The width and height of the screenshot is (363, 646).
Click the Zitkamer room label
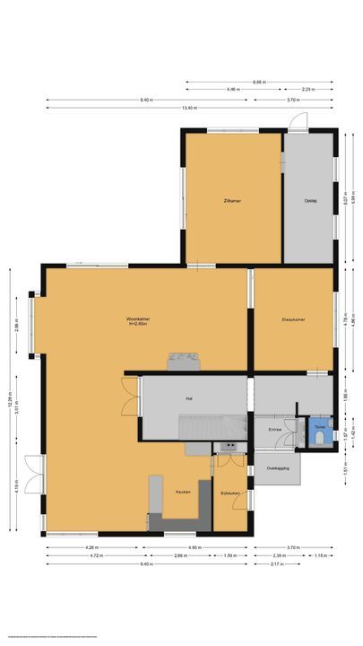click(232, 200)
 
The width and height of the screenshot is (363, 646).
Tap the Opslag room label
click(310, 200)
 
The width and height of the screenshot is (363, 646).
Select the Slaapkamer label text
click(294, 318)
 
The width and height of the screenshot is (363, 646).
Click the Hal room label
click(189, 397)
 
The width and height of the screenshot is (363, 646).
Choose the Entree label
click(274, 430)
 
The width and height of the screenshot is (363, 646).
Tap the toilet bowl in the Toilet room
click(320, 427)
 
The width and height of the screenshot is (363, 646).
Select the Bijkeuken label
click(229, 493)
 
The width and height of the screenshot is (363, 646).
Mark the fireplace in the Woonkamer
click(184, 360)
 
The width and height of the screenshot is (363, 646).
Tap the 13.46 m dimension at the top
click(186, 109)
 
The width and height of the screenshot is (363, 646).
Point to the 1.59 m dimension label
click(230, 557)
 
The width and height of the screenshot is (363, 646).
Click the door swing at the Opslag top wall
click(303, 121)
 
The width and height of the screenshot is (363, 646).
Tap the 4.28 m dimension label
click(91, 547)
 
